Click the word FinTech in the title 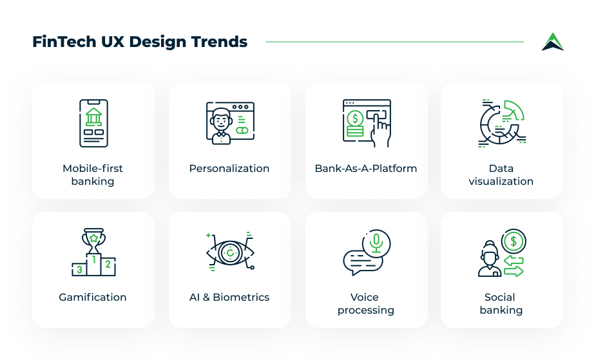point(64,42)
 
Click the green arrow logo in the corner point(553,42)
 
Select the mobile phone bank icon point(93,123)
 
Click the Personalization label point(229,168)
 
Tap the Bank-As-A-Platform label point(366,168)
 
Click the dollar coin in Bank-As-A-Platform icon point(355,118)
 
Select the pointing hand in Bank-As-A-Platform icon point(381,130)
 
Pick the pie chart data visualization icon point(502,123)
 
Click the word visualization point(501,181)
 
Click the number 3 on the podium point(79,270)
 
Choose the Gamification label point(92,297)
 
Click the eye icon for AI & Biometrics point(230,252)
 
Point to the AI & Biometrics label point(229,297)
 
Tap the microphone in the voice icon point(376,243)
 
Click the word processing point(366,310)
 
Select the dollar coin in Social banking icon point(514,241)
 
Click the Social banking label point(501,303)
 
